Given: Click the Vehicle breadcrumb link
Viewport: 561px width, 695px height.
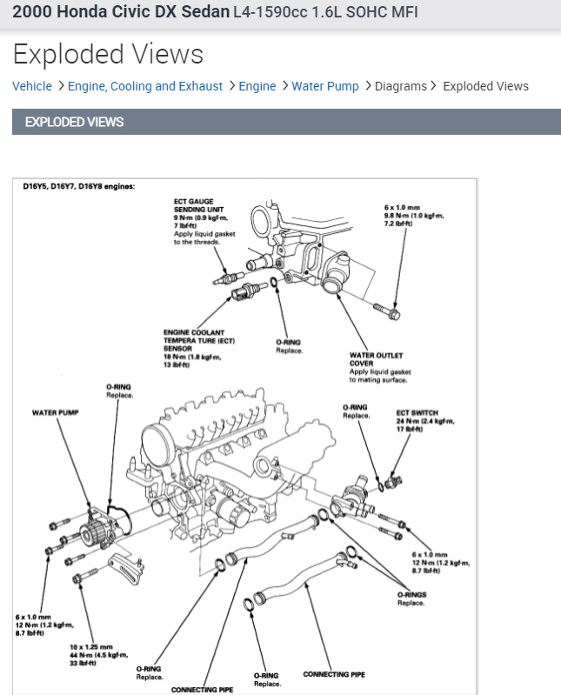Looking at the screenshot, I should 32,86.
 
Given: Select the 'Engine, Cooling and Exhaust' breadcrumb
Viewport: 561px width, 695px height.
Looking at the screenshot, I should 145,86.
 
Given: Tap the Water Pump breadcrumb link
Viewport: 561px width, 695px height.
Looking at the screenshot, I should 325,86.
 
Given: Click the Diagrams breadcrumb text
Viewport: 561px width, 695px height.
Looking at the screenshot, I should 401,86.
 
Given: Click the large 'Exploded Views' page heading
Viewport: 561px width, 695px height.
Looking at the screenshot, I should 108,55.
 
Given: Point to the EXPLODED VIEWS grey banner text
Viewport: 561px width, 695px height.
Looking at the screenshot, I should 75,122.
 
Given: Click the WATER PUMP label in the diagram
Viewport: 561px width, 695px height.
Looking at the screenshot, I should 55,412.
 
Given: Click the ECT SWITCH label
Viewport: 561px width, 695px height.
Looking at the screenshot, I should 417,412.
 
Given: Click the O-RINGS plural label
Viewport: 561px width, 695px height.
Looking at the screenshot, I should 411,595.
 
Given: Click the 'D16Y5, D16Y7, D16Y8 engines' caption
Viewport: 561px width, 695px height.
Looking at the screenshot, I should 79,186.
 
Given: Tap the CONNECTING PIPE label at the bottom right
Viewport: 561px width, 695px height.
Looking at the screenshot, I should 334,674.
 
